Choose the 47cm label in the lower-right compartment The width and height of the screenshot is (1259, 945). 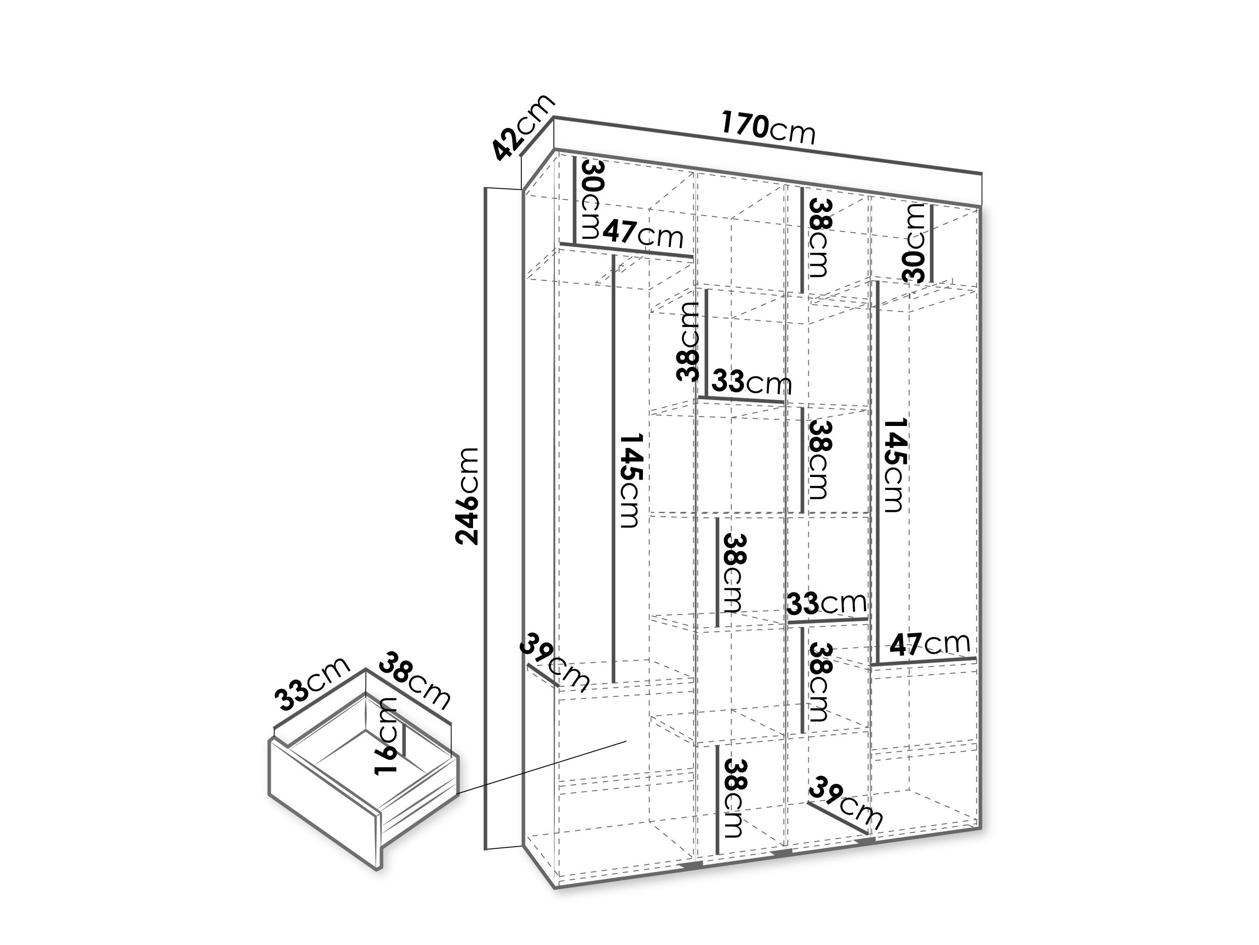929,644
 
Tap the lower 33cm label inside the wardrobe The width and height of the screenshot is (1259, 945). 826,603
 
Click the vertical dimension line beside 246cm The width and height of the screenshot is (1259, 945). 486,518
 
